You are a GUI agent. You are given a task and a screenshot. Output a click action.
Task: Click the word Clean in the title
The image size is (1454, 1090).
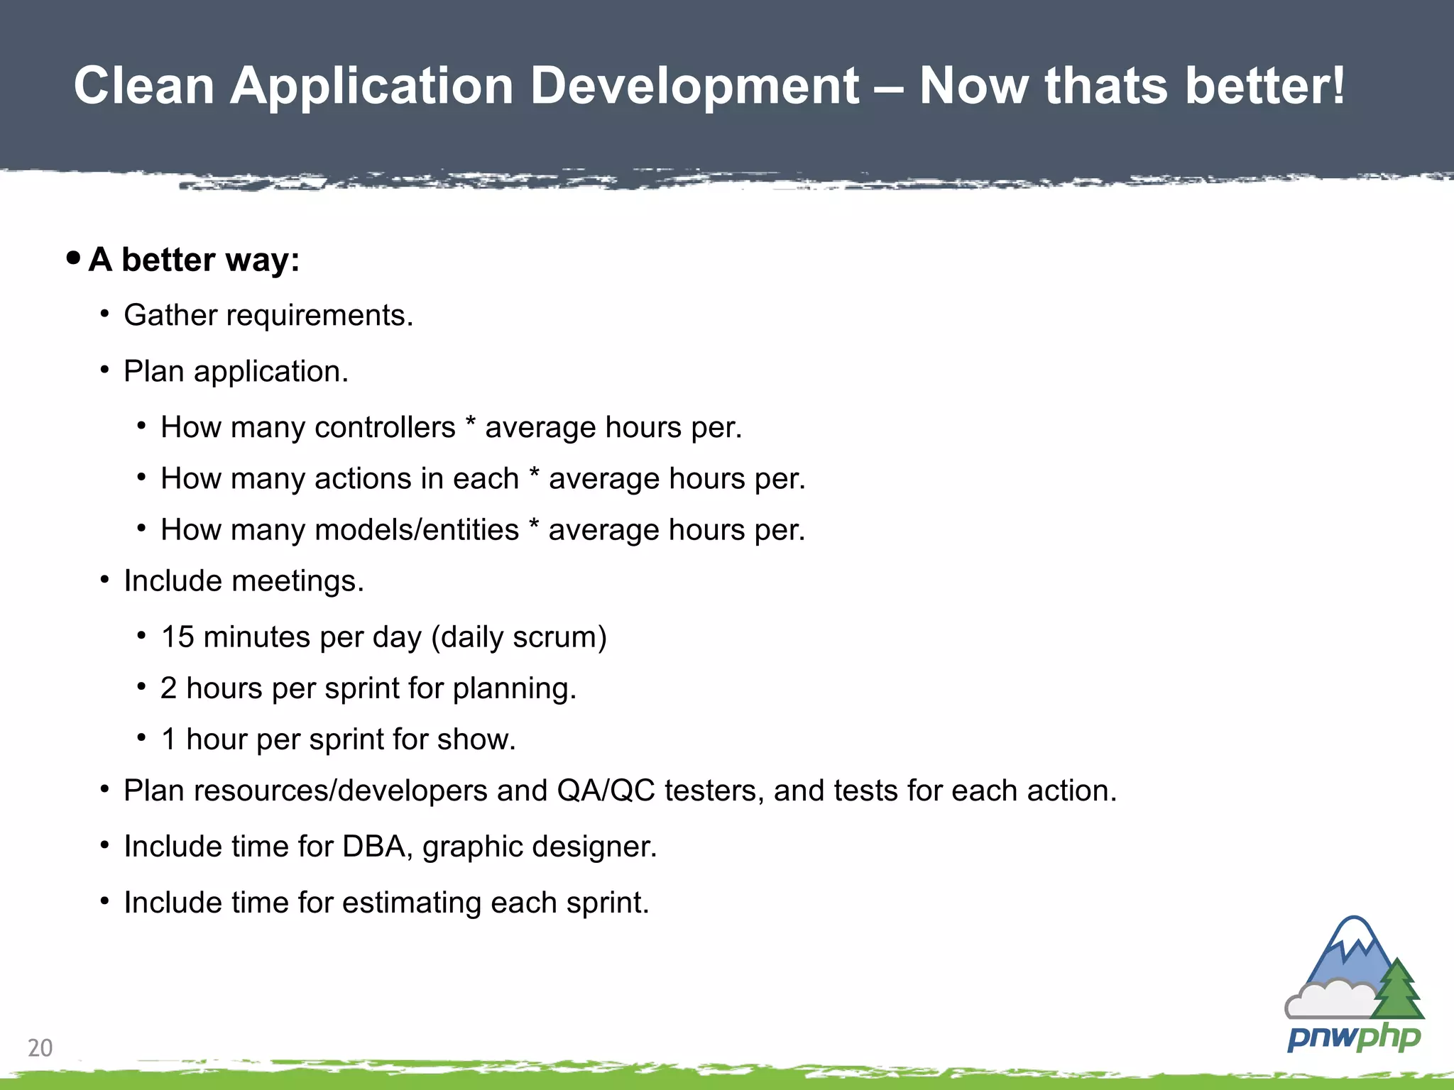pyautogui.click(x=144, y=86)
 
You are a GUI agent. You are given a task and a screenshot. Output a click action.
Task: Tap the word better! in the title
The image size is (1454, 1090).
pyautogui.click(x=1264, y=86)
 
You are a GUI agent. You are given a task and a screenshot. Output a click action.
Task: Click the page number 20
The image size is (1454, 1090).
pyautogui.click(x=40, y=1047)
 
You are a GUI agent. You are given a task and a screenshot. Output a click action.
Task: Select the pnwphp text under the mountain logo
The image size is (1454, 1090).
pyautogui.click(x=1353, y=1038)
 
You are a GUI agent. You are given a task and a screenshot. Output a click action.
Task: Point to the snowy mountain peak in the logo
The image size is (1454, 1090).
pyautogui.click(x=1354, y=935)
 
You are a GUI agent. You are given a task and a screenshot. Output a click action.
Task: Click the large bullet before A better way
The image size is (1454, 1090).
pyautogui.click(x=73, y=258)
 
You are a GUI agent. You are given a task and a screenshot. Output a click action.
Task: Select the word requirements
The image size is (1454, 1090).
pyautogui.click(x=319, y=316)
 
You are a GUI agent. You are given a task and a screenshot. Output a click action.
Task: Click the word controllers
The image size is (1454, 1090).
pyautogui.click(x=384, y=428)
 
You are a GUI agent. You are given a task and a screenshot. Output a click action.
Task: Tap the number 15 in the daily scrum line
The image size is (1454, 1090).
pyautogui.click(x=177, y=637)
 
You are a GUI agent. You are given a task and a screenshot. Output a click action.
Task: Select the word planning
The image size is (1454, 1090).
pyautogui.click(x=514, y=688)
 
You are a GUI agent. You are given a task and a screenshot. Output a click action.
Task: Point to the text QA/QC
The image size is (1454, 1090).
pyautogui.click(x=606, y=791)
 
